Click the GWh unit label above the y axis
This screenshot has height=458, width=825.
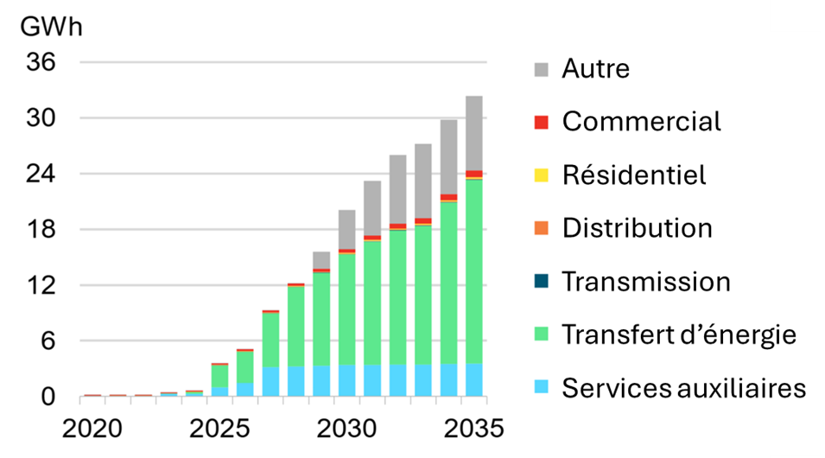click(x=51, y=26)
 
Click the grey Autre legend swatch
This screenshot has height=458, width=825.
click(x=542, y=68)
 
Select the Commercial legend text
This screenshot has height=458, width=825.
click(x=641, y=122)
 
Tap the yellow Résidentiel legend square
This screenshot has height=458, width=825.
click(x=542, y=175)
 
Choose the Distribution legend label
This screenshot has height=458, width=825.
click(x=637, y=228)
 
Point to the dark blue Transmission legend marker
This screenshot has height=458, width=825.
click(x=542, y=282)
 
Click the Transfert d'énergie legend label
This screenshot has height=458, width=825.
click(x=679, y=334)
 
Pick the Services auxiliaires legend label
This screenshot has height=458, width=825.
click(x=683, y=388)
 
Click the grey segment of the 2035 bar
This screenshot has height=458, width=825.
click(x=474, y=133)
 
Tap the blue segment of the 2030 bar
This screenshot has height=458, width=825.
click(x=346, y=380)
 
